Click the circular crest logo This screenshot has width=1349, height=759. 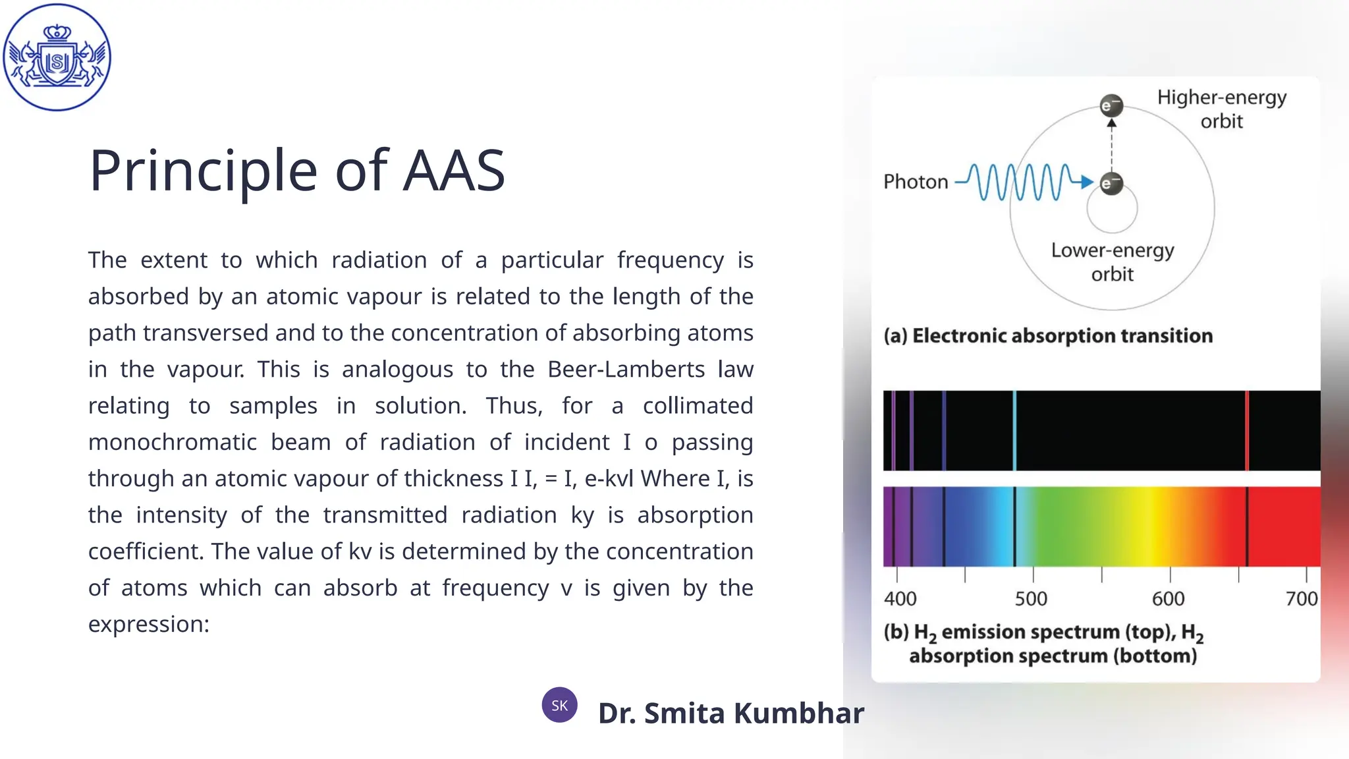point(57,57)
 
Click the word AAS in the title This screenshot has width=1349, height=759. point(454,171)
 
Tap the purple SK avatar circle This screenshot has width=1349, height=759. point(559,705)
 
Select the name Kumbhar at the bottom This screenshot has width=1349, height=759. point(798,714)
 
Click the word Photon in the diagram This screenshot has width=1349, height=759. point(916,182)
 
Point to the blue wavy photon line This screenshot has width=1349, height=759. point(1021,182)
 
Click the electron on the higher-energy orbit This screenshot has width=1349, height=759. point(1111,105)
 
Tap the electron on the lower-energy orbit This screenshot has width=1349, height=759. point(1111,183)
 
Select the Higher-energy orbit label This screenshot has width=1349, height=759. point(1221,109)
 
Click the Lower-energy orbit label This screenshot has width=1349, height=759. point(1113,262)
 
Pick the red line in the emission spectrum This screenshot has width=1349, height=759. point(1247,431)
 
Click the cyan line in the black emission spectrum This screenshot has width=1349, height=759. point(1014,431)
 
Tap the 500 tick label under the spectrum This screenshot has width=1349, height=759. point(1031,599)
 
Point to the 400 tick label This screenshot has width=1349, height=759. point(900,599)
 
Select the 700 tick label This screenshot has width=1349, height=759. point(1301,599)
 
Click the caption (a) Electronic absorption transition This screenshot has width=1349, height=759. point(1048,336)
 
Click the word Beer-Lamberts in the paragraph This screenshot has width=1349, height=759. point(626,370)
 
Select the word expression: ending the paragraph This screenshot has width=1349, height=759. point(149,624)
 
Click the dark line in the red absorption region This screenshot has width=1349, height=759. point(1247,526)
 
